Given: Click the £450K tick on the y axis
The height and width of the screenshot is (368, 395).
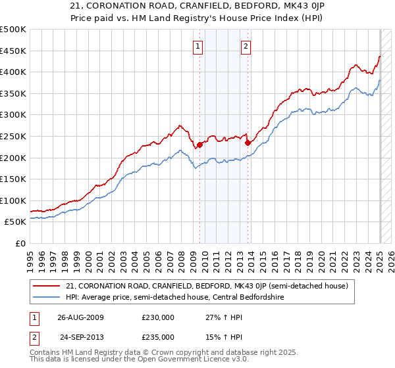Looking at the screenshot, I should tap(13, 51).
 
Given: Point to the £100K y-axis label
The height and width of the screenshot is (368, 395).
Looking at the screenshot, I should tap(13, 200).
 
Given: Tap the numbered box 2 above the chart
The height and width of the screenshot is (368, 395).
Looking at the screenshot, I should tap(246, 46).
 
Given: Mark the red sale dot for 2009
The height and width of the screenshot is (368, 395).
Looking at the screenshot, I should tap(199, 145).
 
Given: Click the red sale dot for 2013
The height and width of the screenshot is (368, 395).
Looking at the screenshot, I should tap(247, 143).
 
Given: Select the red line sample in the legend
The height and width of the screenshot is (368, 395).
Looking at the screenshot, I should tap(47, 286).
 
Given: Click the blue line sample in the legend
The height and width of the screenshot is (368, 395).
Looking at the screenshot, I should tap(47, 298).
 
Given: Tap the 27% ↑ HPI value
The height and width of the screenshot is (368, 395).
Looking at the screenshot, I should tap(220, 317).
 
